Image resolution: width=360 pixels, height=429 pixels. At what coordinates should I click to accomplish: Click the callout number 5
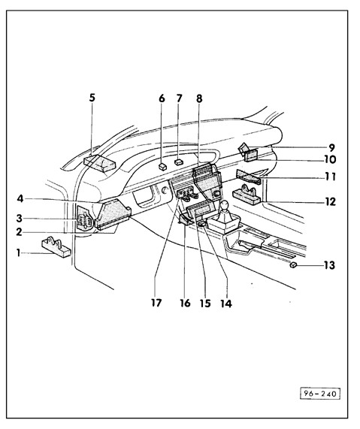(x=92, y=98)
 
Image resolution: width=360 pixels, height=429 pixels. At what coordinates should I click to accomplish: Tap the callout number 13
(x=329, y=265)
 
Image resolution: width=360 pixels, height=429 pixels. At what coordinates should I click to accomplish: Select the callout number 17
(x=156, y=303)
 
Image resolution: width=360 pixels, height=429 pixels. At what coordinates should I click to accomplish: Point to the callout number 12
(x=331, y=202)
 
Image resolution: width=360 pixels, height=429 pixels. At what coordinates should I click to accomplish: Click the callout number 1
(x=19, y=253)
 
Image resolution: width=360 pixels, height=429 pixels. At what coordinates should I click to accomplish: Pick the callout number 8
(x=199, y=98)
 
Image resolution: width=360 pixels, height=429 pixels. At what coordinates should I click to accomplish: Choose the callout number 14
(x=226, y=304)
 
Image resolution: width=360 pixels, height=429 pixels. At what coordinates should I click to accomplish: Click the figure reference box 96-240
(x=320, y=394)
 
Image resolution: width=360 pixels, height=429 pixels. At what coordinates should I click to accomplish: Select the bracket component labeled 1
(x=56, y=247)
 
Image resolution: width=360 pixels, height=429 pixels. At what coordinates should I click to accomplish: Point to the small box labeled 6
(x=162, y=167)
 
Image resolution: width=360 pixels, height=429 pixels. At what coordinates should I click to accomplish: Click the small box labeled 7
(x=179, y=162)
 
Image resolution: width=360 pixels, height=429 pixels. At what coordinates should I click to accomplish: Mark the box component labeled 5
(x=100, y=163)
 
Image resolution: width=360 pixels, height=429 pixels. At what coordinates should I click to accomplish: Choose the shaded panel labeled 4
(x=113, y=214)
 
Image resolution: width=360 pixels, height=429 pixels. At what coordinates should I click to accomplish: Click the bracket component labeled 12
(x=247, y=195)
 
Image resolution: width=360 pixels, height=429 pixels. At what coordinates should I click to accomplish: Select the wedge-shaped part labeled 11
(x=248, y=177)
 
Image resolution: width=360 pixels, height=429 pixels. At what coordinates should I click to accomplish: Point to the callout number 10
(x=331, y=159)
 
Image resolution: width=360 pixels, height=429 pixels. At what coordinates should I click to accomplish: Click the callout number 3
(x=19, y=219)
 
